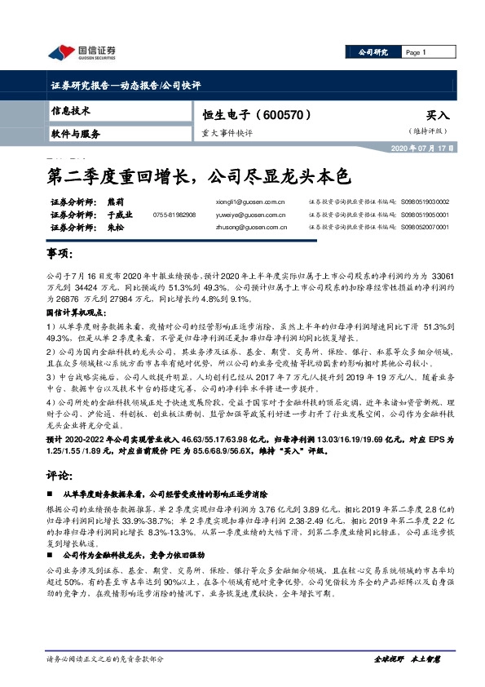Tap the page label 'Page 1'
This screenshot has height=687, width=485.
[x=416, y=52]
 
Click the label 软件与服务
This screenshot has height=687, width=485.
[x=75, y=133]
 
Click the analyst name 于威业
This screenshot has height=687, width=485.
[x=119, y=215]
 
